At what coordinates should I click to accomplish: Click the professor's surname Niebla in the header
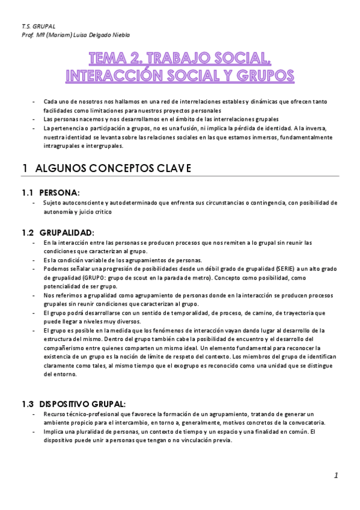[120, 35]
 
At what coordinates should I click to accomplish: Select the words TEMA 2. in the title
[115, 58]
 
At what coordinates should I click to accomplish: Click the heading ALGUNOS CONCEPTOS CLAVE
[114, 168]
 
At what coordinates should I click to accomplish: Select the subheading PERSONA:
[59, 192]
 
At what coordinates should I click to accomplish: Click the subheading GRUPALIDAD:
[67, 232]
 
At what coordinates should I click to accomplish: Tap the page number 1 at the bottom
[337, 476]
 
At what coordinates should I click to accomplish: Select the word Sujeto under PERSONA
[52, 203]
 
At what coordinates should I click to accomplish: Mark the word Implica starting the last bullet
[54, 432]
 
